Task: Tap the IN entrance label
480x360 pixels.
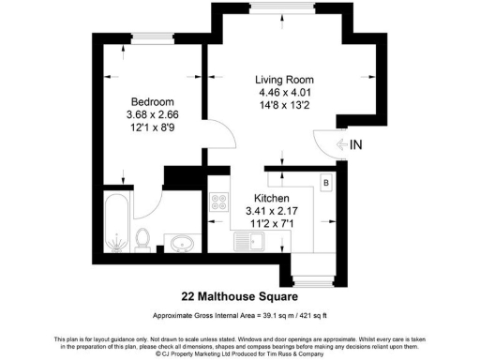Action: coord(356,144)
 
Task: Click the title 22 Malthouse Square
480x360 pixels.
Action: coord(240,296)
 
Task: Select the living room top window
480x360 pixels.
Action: coord(283,9)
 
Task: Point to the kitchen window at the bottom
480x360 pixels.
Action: coord(311,279)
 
